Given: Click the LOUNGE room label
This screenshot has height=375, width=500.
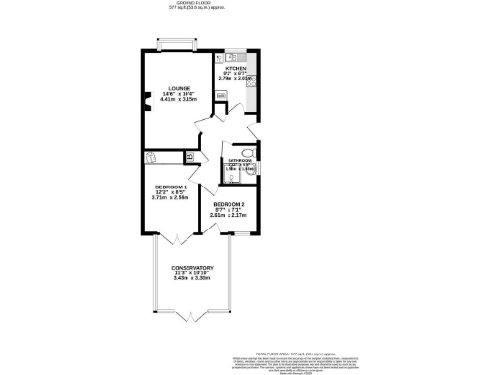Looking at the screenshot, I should click(178, 88).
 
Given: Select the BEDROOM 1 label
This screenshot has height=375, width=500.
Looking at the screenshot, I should click(170, 186).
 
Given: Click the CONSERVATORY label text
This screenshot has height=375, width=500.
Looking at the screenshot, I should click(192, 267).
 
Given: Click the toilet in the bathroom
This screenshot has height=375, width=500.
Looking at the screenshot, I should click(248, 152).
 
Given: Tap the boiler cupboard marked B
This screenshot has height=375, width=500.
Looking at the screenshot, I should click(189, 156).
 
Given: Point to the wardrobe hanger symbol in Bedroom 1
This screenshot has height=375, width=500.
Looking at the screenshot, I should click(151, 156).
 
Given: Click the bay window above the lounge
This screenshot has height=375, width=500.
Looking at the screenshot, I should click(178, 42).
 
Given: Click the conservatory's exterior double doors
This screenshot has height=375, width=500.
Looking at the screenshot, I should click(192, 317).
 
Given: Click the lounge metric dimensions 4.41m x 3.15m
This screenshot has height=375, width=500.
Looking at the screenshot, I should click(178, 100).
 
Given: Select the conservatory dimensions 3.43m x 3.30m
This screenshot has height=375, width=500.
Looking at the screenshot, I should click(192, 278).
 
